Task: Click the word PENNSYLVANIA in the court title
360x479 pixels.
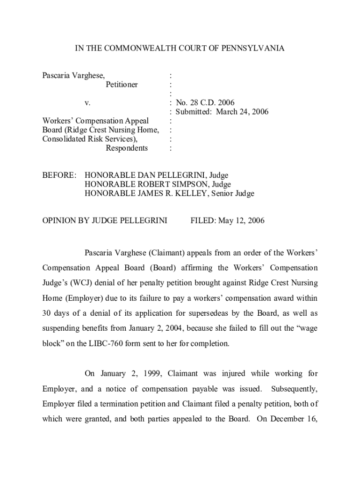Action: [x=257, y=48]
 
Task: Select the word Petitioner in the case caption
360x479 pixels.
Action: [x=122, y=85]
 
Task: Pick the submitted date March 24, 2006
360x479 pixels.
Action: [x=242, y=112]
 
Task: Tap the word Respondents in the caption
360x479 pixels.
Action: [x=127, y=148]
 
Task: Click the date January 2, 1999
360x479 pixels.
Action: [x=129, y=373]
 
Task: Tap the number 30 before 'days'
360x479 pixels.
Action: [x=47, y=313]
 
